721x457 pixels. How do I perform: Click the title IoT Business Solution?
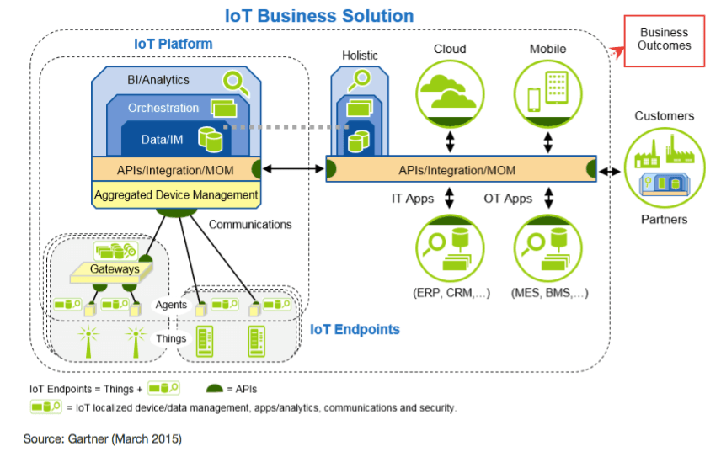319,16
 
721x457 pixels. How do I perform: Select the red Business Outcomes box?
664,40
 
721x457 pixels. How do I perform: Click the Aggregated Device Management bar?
175,195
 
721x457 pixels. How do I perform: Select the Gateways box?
116,269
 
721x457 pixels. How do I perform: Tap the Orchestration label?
163,109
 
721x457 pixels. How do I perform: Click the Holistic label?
360,56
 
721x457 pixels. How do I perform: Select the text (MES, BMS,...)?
549,293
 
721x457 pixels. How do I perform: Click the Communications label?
250,225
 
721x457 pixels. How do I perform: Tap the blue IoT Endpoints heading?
355,329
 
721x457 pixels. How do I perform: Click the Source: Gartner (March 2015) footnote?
102,438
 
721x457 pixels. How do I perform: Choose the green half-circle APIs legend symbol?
216,389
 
